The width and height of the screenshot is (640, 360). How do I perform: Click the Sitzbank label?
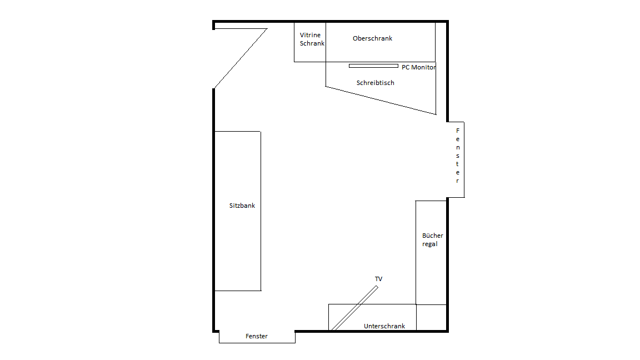coord(242,206)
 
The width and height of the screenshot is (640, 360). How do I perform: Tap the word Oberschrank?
coord(372,38)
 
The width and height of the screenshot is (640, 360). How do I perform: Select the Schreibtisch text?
coord(375,83)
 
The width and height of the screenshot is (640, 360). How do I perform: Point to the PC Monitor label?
coord(418,67)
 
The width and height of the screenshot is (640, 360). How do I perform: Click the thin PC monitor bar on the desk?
coord(373,66)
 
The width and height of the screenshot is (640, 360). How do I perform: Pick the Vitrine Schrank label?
coord(312,39)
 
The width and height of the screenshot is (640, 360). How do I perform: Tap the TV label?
coord(378,279)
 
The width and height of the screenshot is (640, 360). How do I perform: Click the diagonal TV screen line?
coord(354,308)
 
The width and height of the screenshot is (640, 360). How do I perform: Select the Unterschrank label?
coord(384,326)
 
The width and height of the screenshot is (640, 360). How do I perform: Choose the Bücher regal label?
coord(433,239)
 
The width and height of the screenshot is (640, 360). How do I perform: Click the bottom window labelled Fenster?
coord(257,337)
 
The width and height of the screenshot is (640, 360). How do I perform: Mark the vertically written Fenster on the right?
coord(458,156)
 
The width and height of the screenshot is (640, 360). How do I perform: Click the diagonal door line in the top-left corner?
coord(241,58)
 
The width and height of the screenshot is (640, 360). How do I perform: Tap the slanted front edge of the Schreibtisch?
coord(381,101)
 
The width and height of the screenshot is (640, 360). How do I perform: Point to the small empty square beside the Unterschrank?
coord(432,317)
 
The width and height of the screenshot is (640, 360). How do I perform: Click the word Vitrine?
coord(310,35)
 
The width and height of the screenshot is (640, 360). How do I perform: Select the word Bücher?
coord(433,236)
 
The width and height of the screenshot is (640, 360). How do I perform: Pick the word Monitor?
coord(423,67)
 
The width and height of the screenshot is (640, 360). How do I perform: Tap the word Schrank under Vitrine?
coord(312,43)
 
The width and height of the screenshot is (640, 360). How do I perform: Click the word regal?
coord(430,244)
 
